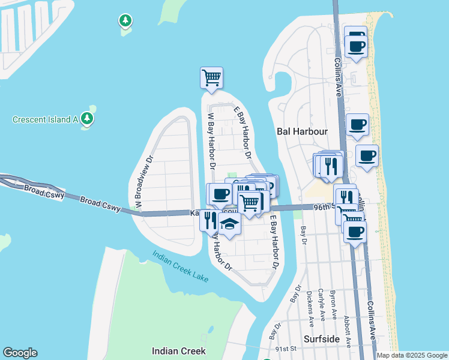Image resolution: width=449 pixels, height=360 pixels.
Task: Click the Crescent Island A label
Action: click(x=46, y=119)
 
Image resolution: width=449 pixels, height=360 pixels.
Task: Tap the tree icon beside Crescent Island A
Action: click(x=88, y=118)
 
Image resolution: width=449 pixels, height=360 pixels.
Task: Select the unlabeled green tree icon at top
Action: click(x=125, y=22)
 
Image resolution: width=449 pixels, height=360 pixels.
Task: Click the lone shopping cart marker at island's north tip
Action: click(x=211, y=78)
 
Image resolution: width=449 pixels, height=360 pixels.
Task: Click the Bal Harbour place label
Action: click(x=301, y=131)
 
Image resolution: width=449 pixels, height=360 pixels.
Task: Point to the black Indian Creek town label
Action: click(x=179, y=351)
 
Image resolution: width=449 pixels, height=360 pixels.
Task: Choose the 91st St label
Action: click(x=286, y=348)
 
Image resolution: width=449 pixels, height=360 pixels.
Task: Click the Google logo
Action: click(x=20, y=353)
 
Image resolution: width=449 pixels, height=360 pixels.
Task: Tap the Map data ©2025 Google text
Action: click(x=412, y=355)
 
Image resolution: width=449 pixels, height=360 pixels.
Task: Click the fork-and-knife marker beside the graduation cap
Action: click(x=209, y=220)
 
